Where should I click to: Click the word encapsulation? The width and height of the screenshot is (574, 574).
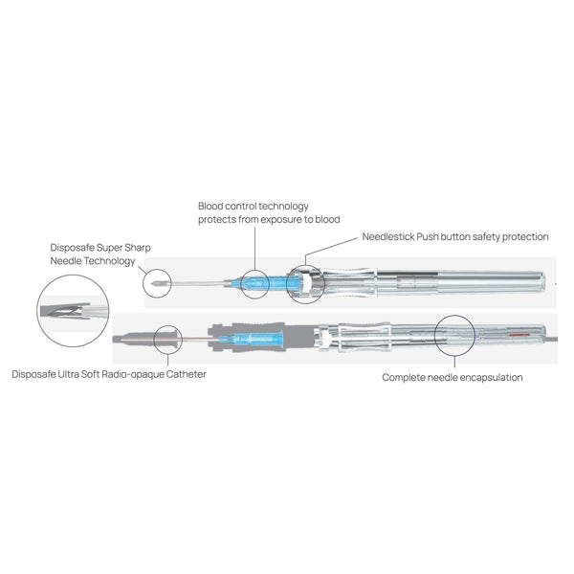coord(488,378)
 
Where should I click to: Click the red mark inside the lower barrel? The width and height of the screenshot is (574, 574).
coord(519,336)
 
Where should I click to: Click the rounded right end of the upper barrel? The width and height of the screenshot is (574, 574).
coord(546,284)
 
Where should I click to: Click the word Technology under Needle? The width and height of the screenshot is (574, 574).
coord(112,260)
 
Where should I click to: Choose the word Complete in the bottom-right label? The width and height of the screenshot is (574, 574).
coord(406,378)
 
